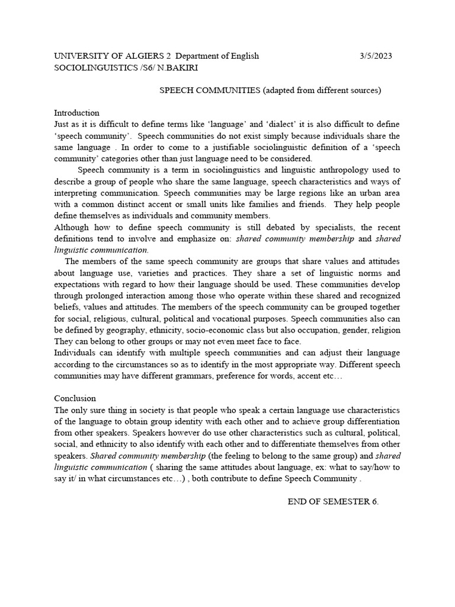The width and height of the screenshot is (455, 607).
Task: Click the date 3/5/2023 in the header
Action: point(376,56)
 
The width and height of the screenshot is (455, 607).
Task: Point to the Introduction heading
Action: point(77,113)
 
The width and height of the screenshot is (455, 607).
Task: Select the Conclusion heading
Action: point(75,398)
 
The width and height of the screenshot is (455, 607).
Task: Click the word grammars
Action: point(200,376)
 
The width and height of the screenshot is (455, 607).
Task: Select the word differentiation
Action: point(366,421)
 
